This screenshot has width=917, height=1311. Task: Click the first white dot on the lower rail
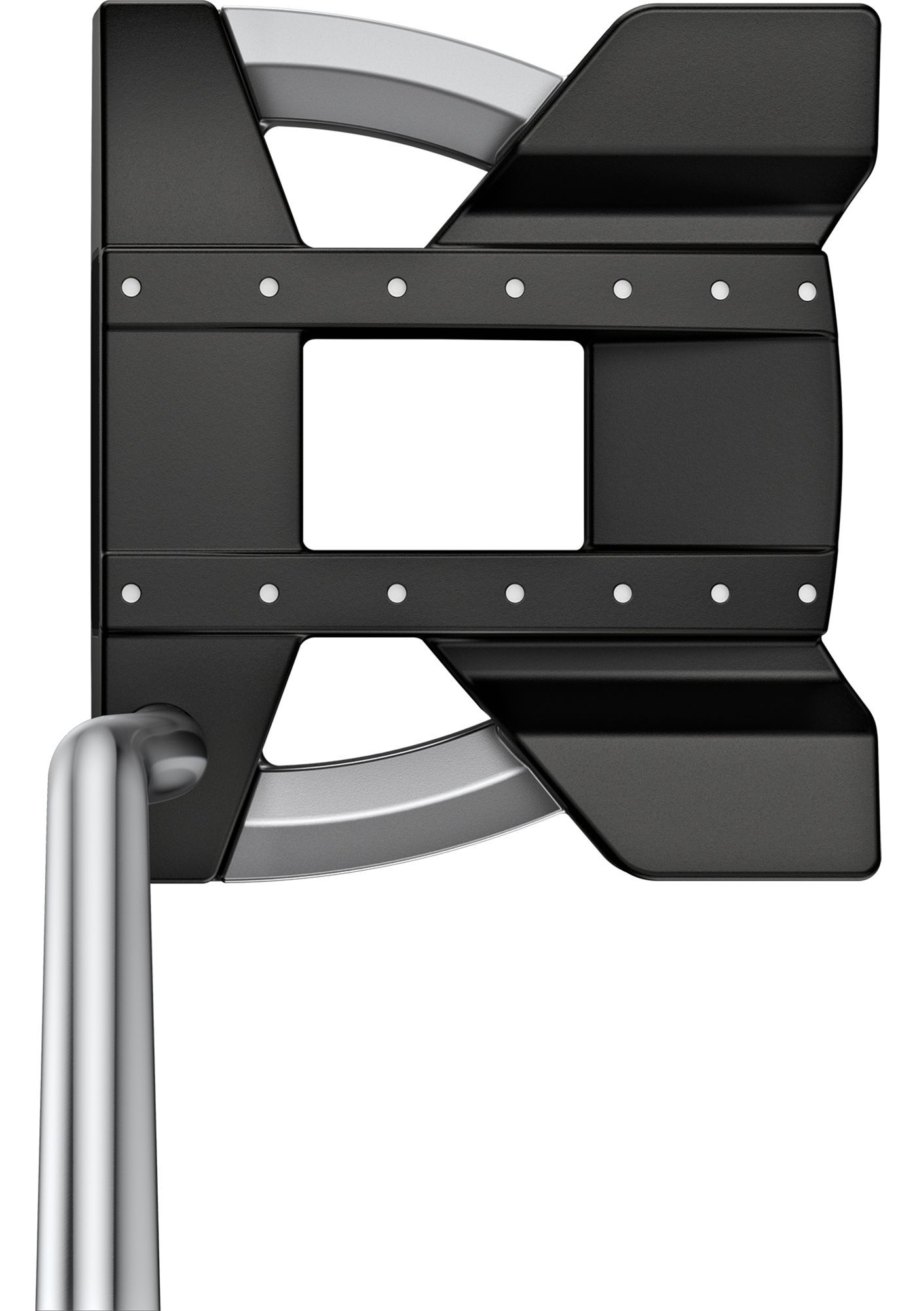point(132,592)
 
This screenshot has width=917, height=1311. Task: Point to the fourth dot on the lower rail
point(515,593)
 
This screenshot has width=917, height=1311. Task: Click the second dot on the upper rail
point(269,286)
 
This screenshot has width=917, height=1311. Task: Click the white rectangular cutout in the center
point(443,444)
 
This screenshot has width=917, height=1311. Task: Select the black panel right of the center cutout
point(711,444)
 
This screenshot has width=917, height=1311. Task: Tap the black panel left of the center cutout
point(203,444)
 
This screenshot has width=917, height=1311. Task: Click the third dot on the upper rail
point(396,286)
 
